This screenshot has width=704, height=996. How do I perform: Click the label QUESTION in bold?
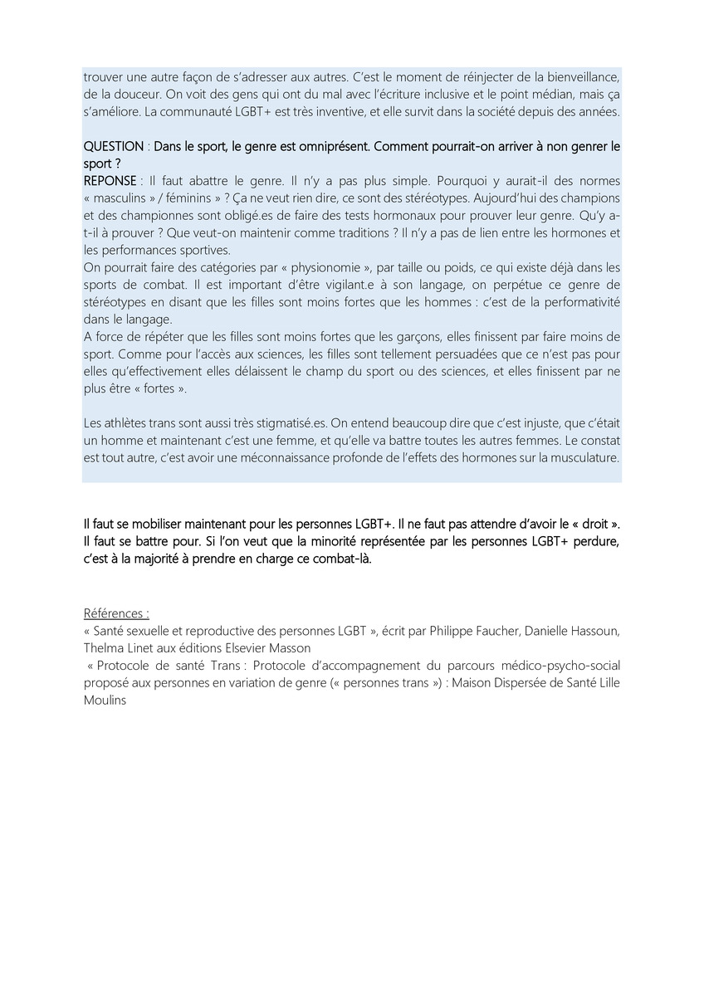point(114,146)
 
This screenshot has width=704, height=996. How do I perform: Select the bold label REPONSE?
point(110,181)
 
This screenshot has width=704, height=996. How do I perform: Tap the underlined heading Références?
point(116,613)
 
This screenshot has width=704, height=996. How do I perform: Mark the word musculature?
point(580,456)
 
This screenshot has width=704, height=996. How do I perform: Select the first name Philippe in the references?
point(452,631)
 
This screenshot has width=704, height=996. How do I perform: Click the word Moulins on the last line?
point(105,700)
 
